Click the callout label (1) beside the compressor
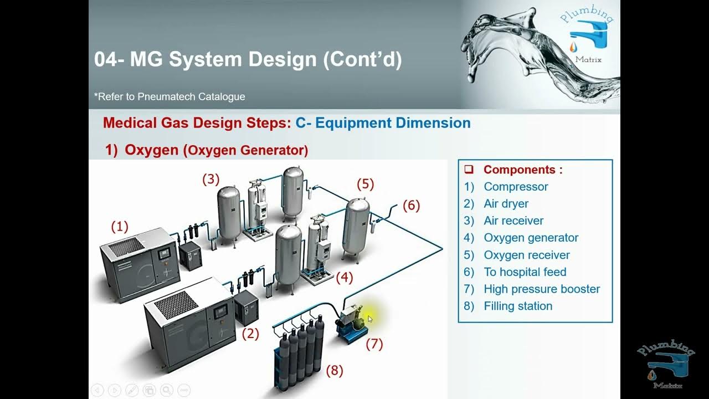click(x=120, y=227)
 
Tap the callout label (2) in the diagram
click(x=251, y=334)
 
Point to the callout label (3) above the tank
click(x=210, y=180)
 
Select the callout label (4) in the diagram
click(x=345, y=277)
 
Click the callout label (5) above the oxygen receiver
click(x=366, y=184)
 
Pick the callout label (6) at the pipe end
click(x=411, y=206)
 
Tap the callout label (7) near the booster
click(x=374, y=344)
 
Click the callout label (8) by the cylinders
click(x=335, y=370)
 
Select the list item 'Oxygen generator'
click(x=531, y=238)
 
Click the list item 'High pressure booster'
click(x=541, y=289)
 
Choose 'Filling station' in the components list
click(x=517, y=306)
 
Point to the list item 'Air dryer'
click(x=506, y=203)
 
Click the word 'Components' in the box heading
click(x=519, y=170)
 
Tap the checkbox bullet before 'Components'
click(x=469, y=170)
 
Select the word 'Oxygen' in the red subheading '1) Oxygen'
click(x=151, y=150)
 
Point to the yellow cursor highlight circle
click(x=369, y=318)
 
